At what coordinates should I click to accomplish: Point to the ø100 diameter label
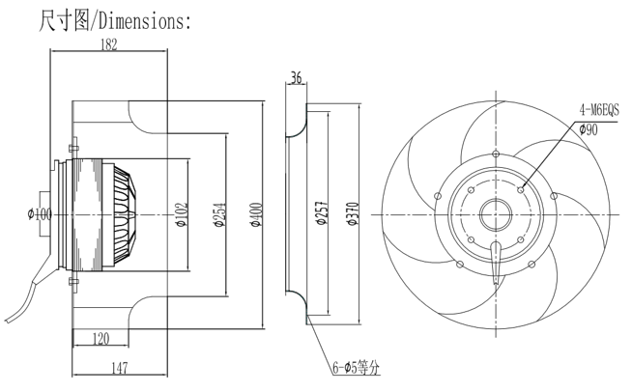(x=41, y=212)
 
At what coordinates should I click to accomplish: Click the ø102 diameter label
(x=180, y=213)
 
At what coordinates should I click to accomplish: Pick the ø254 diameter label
(x=218, y=212)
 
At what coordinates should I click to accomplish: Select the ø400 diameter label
(x=256, y=213)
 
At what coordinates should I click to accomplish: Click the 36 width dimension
(x=296, y=78)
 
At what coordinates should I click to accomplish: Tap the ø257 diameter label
(x=320, y=213)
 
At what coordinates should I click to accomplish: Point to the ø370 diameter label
(x=352, y=212)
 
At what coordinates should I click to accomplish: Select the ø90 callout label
(x=589, y=128)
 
